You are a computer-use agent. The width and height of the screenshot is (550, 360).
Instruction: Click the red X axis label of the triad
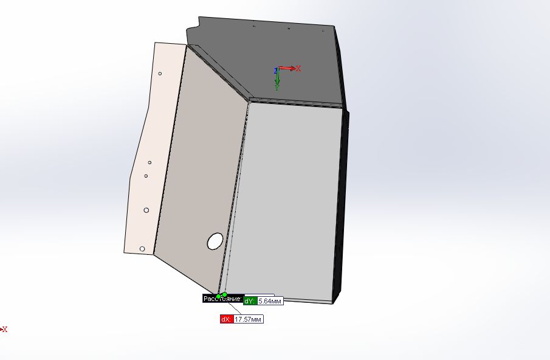coord(299,68)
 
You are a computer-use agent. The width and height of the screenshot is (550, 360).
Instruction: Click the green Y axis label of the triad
coord(277,88)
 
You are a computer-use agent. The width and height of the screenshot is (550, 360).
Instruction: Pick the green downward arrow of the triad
coord(277,78)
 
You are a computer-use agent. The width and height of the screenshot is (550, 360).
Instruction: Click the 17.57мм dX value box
coord(248,319)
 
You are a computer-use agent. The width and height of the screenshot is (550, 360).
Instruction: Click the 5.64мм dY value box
coord(269,301)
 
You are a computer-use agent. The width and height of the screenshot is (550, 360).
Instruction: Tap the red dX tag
coord(226,319)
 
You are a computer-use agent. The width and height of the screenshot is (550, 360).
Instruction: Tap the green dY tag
coord(249,301)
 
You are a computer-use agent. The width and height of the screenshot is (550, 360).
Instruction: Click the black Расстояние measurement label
coord(222,298)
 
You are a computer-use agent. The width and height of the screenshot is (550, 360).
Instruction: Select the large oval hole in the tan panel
coord(215,241)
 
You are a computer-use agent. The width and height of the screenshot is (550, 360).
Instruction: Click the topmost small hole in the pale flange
coord(160,74)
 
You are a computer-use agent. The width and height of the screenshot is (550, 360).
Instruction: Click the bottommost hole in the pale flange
coord(142,249)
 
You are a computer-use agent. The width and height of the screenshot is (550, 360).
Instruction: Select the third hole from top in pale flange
coord(146,176)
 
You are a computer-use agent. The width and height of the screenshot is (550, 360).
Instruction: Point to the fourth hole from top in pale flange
coord(146,210)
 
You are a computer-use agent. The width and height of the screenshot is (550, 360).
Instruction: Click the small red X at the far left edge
coord(4,329)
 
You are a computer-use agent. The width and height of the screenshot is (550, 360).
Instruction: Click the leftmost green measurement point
coord(219,296)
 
